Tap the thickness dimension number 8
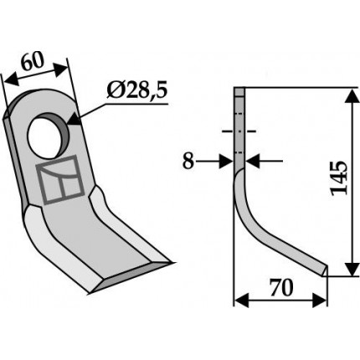point(188,162)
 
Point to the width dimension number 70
point(281,288)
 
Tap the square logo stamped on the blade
point(60,179)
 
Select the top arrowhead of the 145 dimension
point(352,96)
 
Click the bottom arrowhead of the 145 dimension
point(352,269)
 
